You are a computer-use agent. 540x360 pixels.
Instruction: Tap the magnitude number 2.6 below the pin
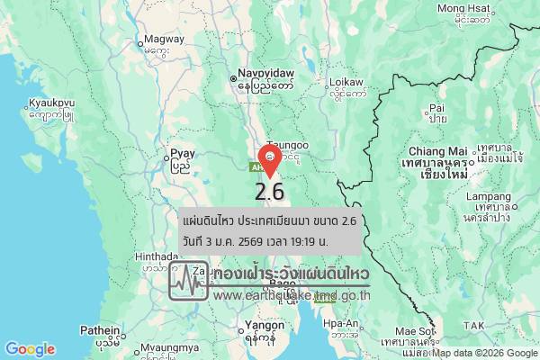pyautogui.click(x=270, y=192)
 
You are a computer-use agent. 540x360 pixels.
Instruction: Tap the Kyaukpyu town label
pyautogui.click(x=50, y=103)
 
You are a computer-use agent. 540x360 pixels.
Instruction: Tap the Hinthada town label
pyautogui.click(x=156, y=256)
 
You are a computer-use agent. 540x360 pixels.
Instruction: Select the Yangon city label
pyautogui.click(x=260, y=326)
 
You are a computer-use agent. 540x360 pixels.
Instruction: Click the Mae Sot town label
pyautogui.click(x=414, y=332)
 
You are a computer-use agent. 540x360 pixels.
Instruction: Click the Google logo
pyautogui.click(x=30, y=349)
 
